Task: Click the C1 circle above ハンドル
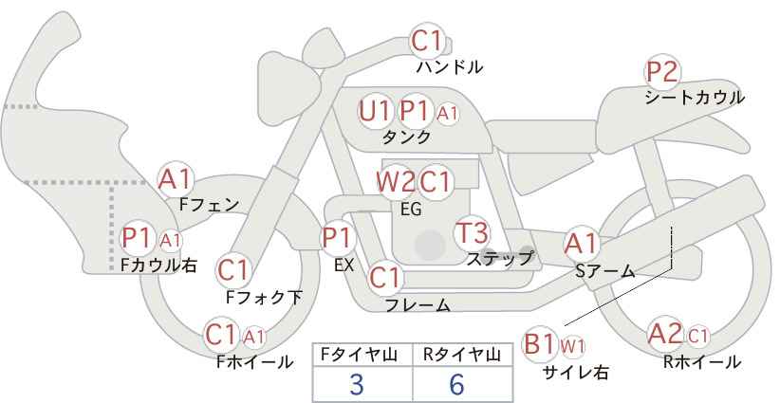click(x=428, y=42)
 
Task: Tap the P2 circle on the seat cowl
click(x=662, y=72)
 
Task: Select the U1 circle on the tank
click(x=375, y=111)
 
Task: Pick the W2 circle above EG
click(x=395, y=181)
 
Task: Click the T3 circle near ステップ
click(x=472, y=231)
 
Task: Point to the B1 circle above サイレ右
click(x=540, y=343)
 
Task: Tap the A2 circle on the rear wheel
click(x=665, y=335)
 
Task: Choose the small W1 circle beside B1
click(x=573, y=345)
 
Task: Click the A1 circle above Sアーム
click(x=582, y=244)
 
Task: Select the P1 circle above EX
click(x=338, y=237)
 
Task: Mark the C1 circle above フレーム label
click(x=385, y=279)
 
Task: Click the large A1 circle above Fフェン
click(x=176, y=177)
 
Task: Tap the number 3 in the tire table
click(x=357, y=384)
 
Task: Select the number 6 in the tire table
click(x=456, y=384)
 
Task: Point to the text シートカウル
click(x=695, y=97)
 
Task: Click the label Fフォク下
click(x=264, y=298)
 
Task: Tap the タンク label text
click(x=406, y=137)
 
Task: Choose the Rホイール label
click(x=703, y=362)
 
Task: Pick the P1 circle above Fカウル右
click(x=138, y=237)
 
